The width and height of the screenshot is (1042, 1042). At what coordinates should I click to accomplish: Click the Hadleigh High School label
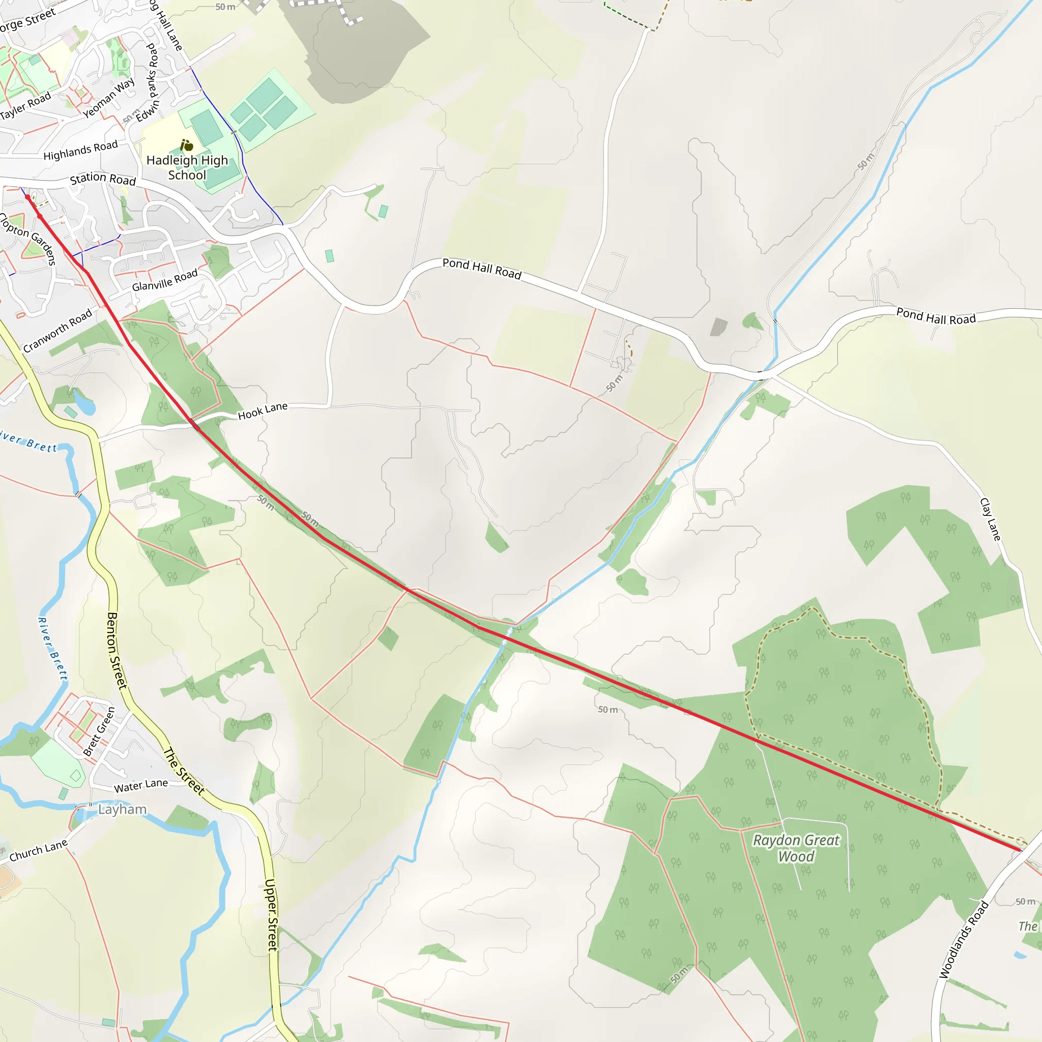tap(187, 168)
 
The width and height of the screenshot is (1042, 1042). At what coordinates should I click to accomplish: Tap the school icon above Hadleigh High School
tap(187, 145)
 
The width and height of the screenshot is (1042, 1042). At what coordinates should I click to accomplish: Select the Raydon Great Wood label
tap(796, 848)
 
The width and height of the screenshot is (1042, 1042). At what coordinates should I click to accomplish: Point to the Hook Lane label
tap(263, 411)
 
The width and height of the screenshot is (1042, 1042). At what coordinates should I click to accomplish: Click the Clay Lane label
tap(990, 519)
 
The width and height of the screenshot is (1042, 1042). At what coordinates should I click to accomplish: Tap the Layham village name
tap(123, 809)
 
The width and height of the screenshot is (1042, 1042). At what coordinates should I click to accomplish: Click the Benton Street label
tap(117, 650)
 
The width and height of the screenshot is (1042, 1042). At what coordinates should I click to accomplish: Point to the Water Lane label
tap(141, 786)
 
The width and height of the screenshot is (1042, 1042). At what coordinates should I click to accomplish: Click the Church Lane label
tap(38, 851)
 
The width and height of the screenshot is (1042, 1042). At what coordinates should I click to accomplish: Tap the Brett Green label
tap(99, 731)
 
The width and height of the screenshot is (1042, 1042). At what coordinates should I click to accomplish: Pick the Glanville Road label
tap(165, 280)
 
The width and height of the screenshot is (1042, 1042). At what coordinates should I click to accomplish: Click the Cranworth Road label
tap(57, 331)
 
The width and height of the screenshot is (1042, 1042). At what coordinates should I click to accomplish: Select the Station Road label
tap(103, 179)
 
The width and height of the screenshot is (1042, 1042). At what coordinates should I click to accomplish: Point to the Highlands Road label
tap(80, 151)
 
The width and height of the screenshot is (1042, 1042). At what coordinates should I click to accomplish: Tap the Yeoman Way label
tap(109, 98)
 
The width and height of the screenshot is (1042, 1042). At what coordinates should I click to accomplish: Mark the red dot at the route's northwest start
tap(28, 197)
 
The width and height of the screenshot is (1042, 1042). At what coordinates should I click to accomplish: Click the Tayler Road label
tap(26, 105)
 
